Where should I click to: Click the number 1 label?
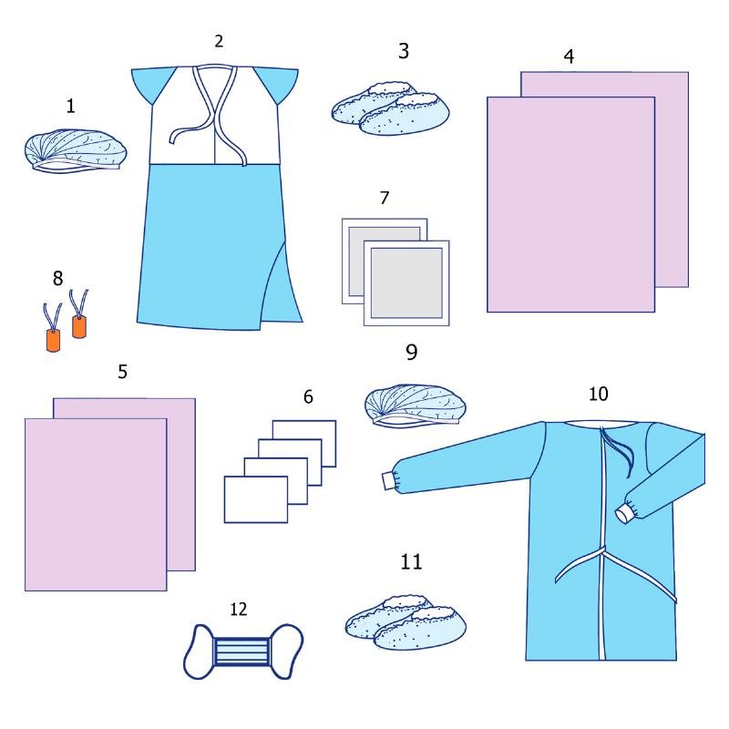click(70, 106)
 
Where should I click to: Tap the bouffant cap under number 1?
click(76, 150)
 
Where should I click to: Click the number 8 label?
click(57, 279)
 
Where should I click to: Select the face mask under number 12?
click(243, 651)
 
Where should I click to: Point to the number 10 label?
click(598, 395)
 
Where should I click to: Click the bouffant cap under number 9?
click(416, 404)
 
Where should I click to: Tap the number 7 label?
click(384, 198)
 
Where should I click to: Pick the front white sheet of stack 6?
click(256, 499)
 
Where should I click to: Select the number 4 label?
click(569, 56)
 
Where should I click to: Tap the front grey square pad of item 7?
click(406, 282)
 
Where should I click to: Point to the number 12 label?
click(238, 609)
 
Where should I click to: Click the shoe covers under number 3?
click(391, 108)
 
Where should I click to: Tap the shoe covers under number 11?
click(406, 622)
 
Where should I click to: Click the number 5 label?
click(122, 372)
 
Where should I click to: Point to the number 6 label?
click(308, 396)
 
